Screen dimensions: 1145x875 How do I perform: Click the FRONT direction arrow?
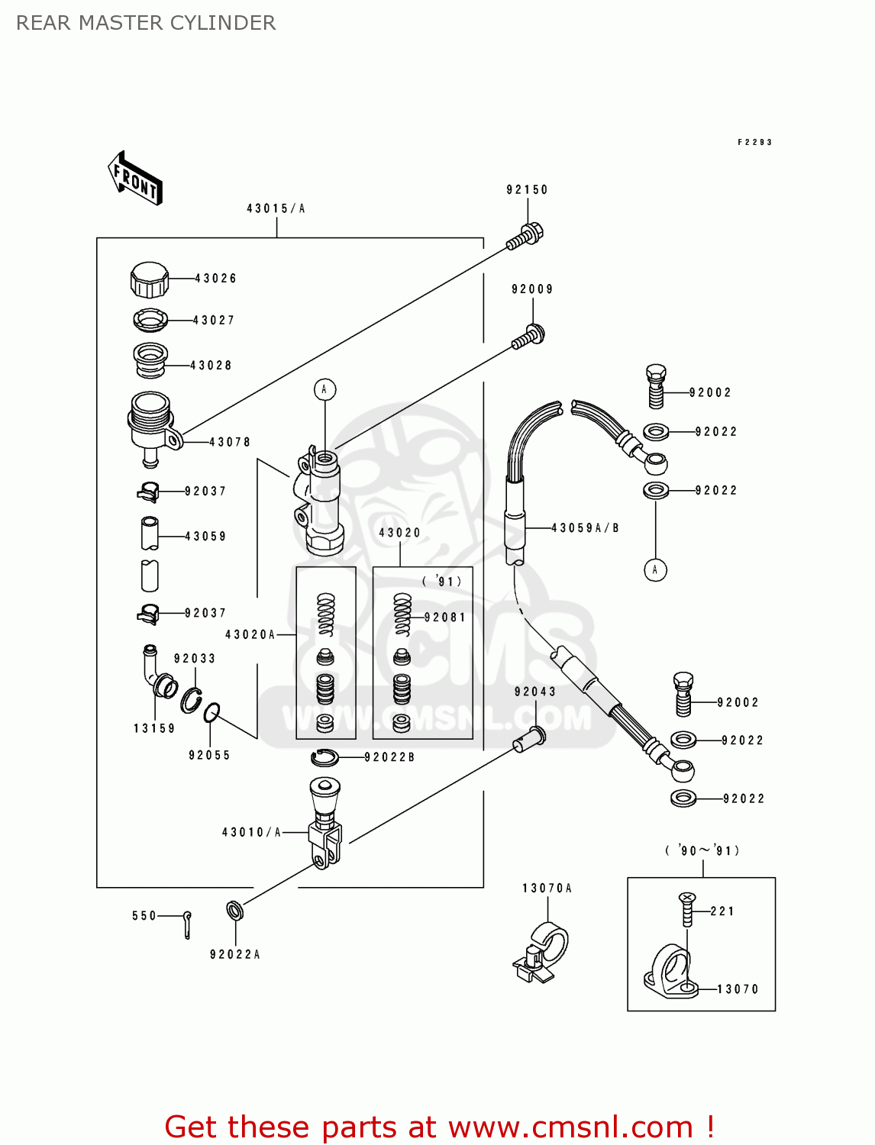coord(135,179)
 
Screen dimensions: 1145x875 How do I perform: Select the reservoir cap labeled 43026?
coord(149,279)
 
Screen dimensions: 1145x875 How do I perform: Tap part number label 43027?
coord(214,321)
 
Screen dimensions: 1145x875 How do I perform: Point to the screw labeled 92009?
coord(529,337)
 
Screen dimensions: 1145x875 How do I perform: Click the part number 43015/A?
coord(276,208)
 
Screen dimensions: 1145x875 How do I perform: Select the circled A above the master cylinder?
coord(324,389)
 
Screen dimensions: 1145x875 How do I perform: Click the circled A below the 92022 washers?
coord(655,569)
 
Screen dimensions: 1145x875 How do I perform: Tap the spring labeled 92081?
coord(402,614)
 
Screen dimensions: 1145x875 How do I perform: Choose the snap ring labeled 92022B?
coord(324,757)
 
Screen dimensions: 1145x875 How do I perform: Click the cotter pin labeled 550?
coord(187,924)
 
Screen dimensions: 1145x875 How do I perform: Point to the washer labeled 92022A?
coord(235,910)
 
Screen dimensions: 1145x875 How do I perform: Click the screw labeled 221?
coord(687,909)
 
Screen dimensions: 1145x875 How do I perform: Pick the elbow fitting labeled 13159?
coord(155,672)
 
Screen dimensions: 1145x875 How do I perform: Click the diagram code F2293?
coord(754,142)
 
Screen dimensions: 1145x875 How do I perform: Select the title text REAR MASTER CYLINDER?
coord(146,23)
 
